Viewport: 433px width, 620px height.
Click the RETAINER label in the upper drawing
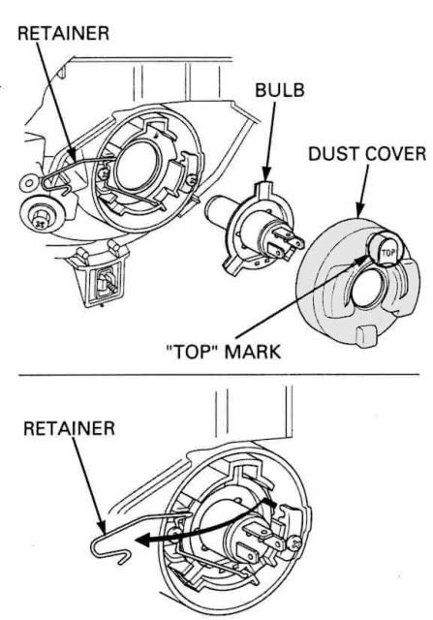tap(63, 33)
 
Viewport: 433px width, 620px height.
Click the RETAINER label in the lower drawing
tap(69, 428)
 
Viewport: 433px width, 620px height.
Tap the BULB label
tap(280, 90)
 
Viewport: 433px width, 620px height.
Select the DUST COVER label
tap(367, 154)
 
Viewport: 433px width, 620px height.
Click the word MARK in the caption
tap(254, 352)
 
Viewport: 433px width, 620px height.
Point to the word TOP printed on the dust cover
tap(387, 252)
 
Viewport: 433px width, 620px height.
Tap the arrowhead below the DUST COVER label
tap(359, 210)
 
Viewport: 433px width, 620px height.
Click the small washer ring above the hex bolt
tap(28, 183)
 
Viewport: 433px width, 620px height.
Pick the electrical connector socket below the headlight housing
tap(102, 277)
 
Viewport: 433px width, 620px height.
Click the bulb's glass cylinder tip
tap(216, 208)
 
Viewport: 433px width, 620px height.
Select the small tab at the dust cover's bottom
tap(365, 336)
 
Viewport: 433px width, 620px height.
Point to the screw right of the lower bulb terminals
tap(294, 543)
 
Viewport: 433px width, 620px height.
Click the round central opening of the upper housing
tap(137, 165)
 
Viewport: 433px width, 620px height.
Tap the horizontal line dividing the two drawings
tap(218, 374)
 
